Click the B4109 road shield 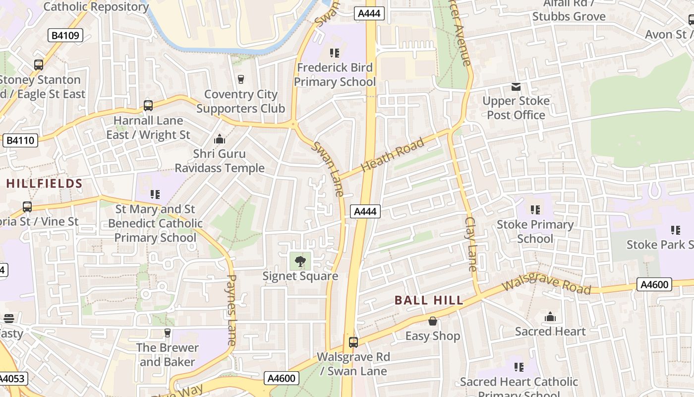coord(65,35)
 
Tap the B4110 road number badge coord(20,140)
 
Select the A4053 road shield coord(13,379)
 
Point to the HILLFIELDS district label coord(44,184)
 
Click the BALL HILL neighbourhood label coord(429,300)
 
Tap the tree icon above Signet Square coord(300,261)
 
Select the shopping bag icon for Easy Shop coord(433,322)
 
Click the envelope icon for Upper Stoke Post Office coord(516,87)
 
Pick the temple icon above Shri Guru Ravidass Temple coord(219,139)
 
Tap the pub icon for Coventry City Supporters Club coord(241,79)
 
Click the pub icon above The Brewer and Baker coord(168,332)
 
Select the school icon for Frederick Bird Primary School coord(335,53)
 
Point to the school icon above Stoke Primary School coord(535,210)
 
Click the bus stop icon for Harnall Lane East coord(148,106)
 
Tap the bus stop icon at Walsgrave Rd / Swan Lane coord(353,342)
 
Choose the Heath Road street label coord(393,155)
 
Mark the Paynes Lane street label coord(231,310)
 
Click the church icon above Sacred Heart coord(550,317)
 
